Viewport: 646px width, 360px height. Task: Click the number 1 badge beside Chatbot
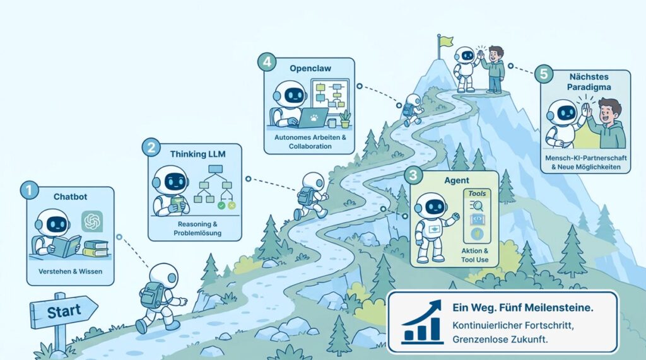pos(29,190)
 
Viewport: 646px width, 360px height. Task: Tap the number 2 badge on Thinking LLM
pos(151,147)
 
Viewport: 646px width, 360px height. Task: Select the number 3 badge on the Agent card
pos(413,175)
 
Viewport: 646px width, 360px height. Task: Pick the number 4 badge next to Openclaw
pos(267,62)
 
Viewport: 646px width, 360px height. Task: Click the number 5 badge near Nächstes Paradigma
pos(544,74)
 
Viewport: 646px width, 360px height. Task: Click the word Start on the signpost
pos(64,311)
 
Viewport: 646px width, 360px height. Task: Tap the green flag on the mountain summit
pos(447,42)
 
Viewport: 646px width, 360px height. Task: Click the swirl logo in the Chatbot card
pos(92,221)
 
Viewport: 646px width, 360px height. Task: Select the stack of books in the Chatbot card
pos(96,248)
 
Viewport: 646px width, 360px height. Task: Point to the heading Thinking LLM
pos(197,154)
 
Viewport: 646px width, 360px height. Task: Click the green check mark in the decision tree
pos(221,205)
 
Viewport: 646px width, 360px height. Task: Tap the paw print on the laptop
pos(314,119)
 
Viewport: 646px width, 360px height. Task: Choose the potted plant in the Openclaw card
pos(345,119)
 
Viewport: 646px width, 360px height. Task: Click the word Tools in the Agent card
pos(477,193)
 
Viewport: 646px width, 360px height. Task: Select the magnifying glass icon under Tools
pos(477,205)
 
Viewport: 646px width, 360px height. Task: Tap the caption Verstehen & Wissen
pos(71,272)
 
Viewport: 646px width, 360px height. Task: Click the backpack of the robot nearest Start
pos(149,294)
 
